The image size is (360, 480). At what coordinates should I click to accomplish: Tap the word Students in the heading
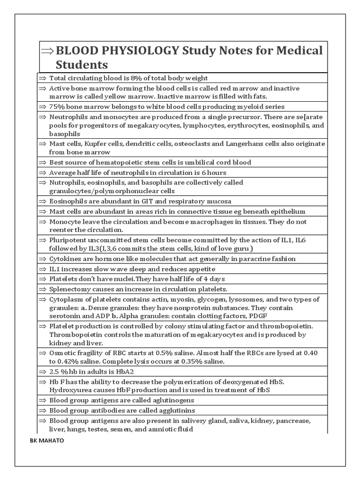[x=82, y=64]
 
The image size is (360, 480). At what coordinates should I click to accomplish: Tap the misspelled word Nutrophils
[x=66, y=183]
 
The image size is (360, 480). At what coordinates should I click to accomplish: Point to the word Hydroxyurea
[x=69, y=390]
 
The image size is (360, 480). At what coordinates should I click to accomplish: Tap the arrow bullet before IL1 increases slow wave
[x=43, y=269]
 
